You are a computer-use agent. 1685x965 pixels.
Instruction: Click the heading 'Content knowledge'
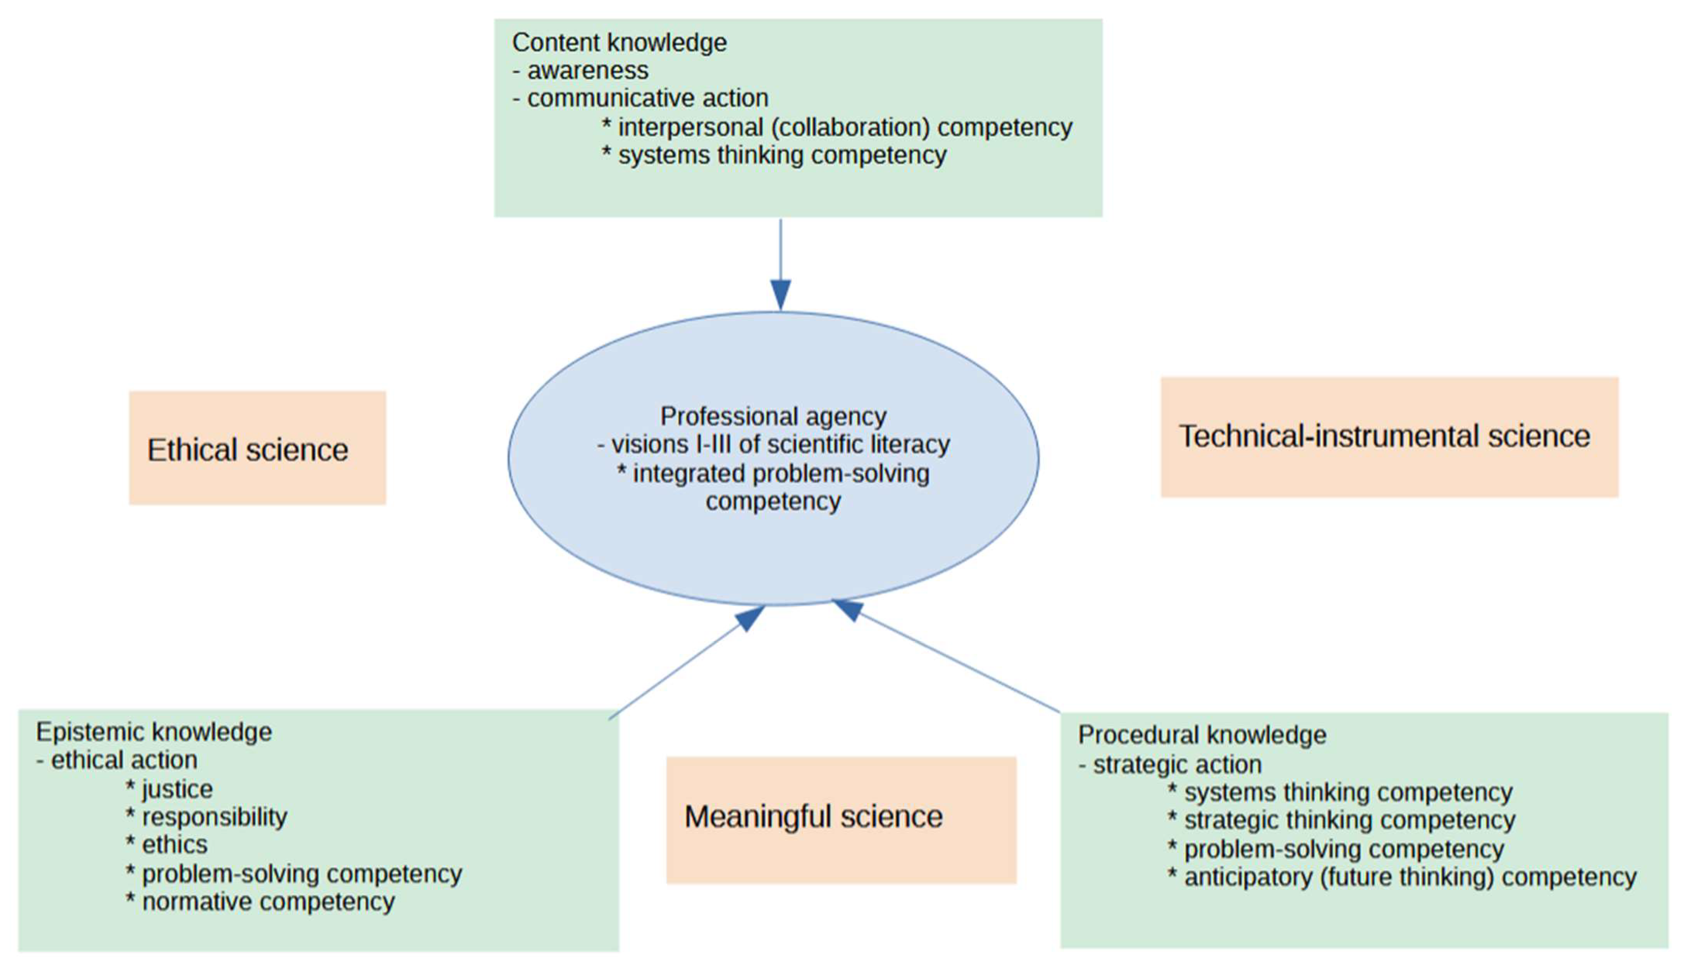(x=620, y=43)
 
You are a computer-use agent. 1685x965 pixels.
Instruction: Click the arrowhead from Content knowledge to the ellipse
(x=780, y=295)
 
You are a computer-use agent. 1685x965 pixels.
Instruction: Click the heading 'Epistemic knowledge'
(x=154, y=732)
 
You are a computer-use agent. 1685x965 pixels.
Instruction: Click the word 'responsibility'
(x=214, y=817)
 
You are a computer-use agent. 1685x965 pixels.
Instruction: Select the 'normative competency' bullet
(x=268, y=902)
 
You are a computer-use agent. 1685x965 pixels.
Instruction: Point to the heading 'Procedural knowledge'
(x=1201, y=735)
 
